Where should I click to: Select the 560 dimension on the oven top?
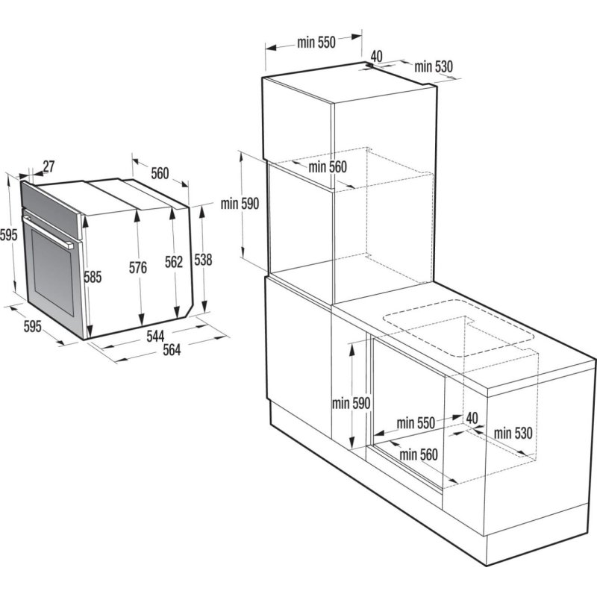[160, 173]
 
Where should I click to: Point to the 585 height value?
[92, 277]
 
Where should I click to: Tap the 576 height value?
[137, 266]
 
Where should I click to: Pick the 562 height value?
[173, 262]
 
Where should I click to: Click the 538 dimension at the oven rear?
[203, 260]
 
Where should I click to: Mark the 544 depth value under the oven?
[155, 336]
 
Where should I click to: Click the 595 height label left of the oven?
[7, 236]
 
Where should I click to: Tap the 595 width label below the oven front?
[33, 326]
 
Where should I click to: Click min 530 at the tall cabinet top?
[434, 66]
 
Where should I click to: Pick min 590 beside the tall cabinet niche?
[240, 204]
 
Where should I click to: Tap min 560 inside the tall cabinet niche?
[328, 167]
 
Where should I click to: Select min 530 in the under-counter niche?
[513, 433]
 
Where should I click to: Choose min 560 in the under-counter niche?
[418, 454]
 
